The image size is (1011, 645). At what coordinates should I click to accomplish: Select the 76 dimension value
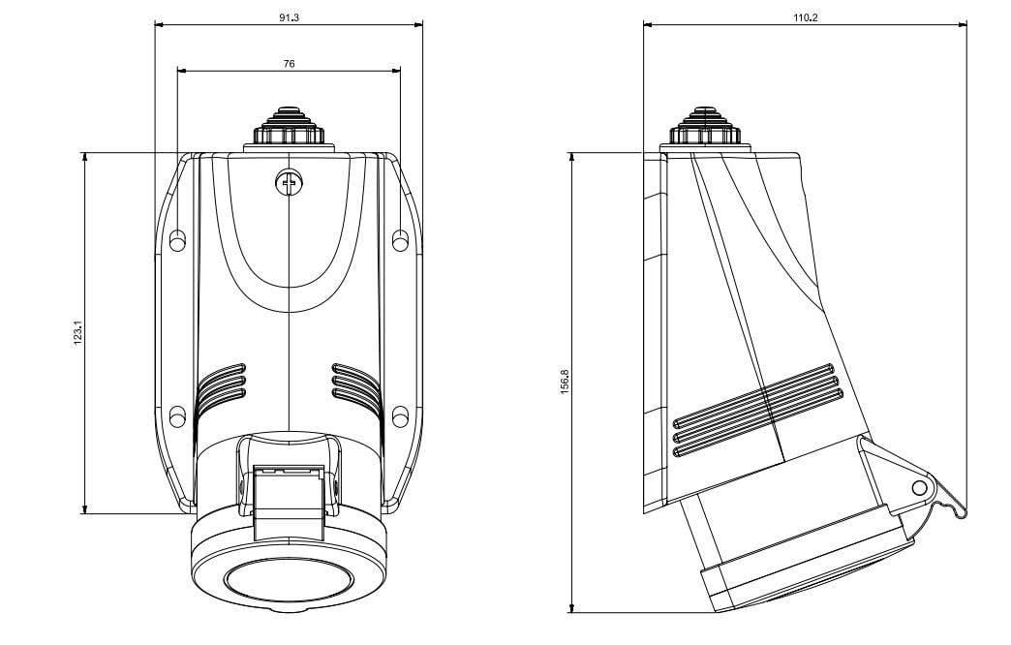coord(289,63)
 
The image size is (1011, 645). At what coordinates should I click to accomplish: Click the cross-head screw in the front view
coord(289,181)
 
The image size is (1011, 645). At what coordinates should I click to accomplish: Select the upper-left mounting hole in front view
coord(177,239)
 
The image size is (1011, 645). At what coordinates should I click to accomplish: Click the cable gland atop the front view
coord(289,128)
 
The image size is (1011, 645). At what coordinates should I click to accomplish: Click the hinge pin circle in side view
coord(919,488)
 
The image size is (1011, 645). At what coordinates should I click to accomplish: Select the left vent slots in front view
coord(222,384)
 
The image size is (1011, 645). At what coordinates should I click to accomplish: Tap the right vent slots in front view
coord(355,382)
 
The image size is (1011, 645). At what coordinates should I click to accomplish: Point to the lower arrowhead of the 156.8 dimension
coord(572,607)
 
